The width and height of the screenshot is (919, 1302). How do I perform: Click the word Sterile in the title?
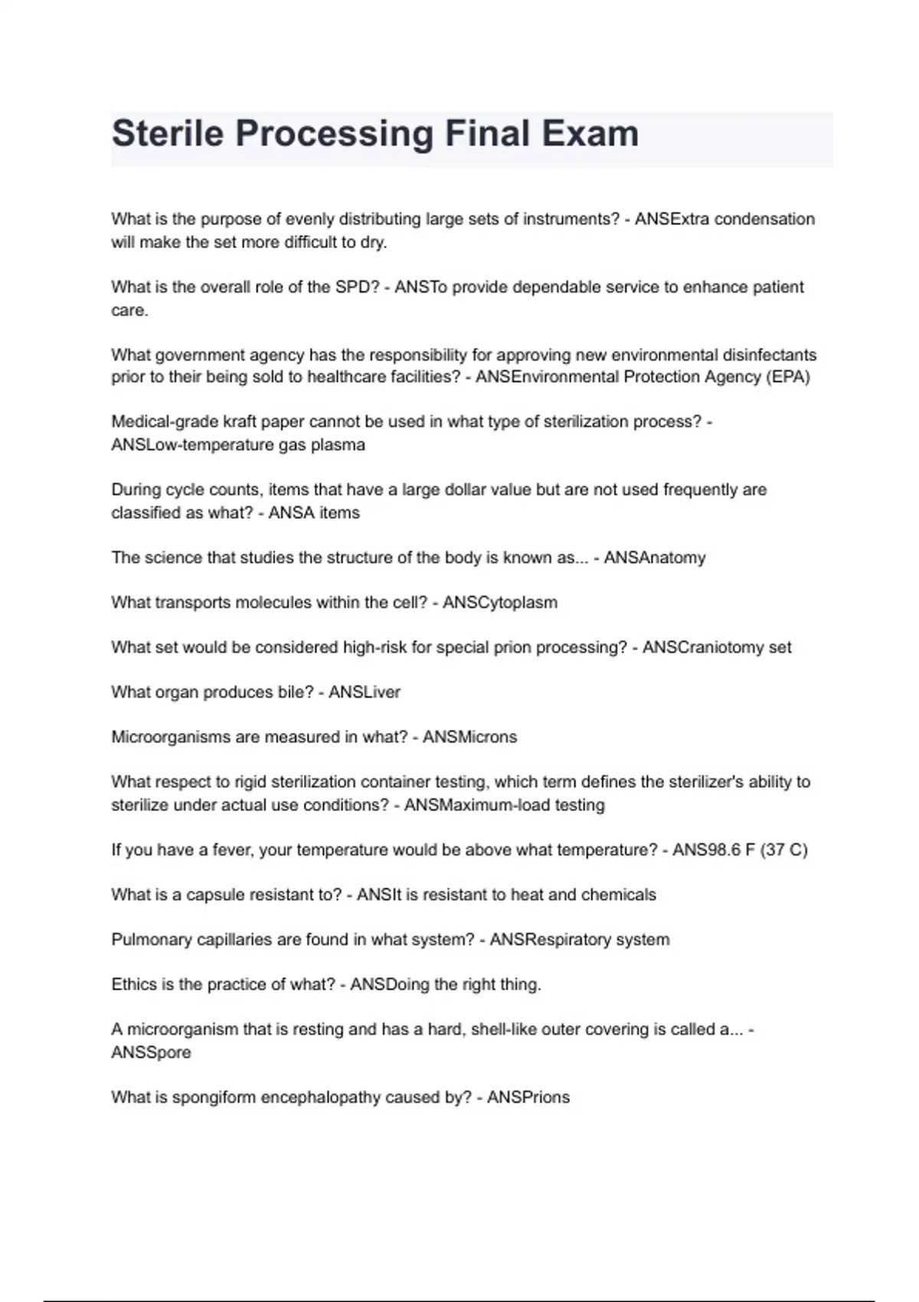(168, 134)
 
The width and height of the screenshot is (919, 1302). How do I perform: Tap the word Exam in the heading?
(590, 134)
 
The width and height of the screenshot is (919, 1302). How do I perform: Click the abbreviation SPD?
(357, 287)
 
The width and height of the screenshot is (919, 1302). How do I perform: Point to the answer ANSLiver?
(364, 692)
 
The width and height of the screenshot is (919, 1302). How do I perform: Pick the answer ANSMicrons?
(469, 737)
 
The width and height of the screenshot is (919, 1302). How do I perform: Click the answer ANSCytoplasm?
(499, 603)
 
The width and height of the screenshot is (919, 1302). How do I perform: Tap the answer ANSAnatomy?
(654, 558)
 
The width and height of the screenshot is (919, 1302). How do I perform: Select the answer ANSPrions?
(528, 1098)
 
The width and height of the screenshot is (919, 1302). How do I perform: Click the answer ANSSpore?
(151, 1052)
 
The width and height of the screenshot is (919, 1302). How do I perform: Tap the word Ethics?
(134, 984)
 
